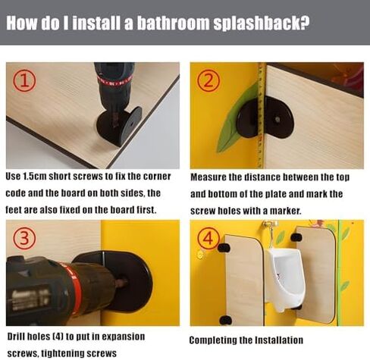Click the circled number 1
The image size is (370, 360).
coord(24,81)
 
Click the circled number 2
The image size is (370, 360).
coord(209,81)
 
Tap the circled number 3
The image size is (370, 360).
coord(24,239)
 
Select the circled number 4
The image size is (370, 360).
coord(209,239)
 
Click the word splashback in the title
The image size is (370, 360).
coord(261,23)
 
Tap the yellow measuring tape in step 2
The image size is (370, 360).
coord(262,115)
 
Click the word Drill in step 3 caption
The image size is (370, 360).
coord(16,337)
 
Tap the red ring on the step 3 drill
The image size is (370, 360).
coord(76,290)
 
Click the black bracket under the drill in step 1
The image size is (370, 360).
coord(119,127)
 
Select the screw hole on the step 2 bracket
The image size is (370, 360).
coord(277,119)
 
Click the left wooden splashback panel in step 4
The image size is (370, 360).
coord(244,280)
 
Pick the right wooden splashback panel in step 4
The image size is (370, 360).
coord(317,275)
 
